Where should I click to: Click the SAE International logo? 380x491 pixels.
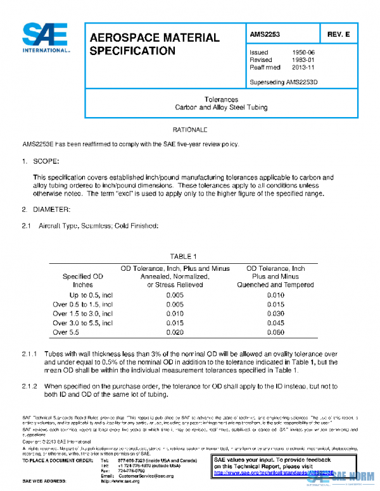click(46, 37)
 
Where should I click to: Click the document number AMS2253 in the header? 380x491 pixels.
click(265, 34)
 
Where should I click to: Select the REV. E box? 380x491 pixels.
click(339, 34)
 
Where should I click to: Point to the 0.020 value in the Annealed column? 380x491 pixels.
click(174, 332)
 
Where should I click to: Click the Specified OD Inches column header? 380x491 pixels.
click(82, 280)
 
